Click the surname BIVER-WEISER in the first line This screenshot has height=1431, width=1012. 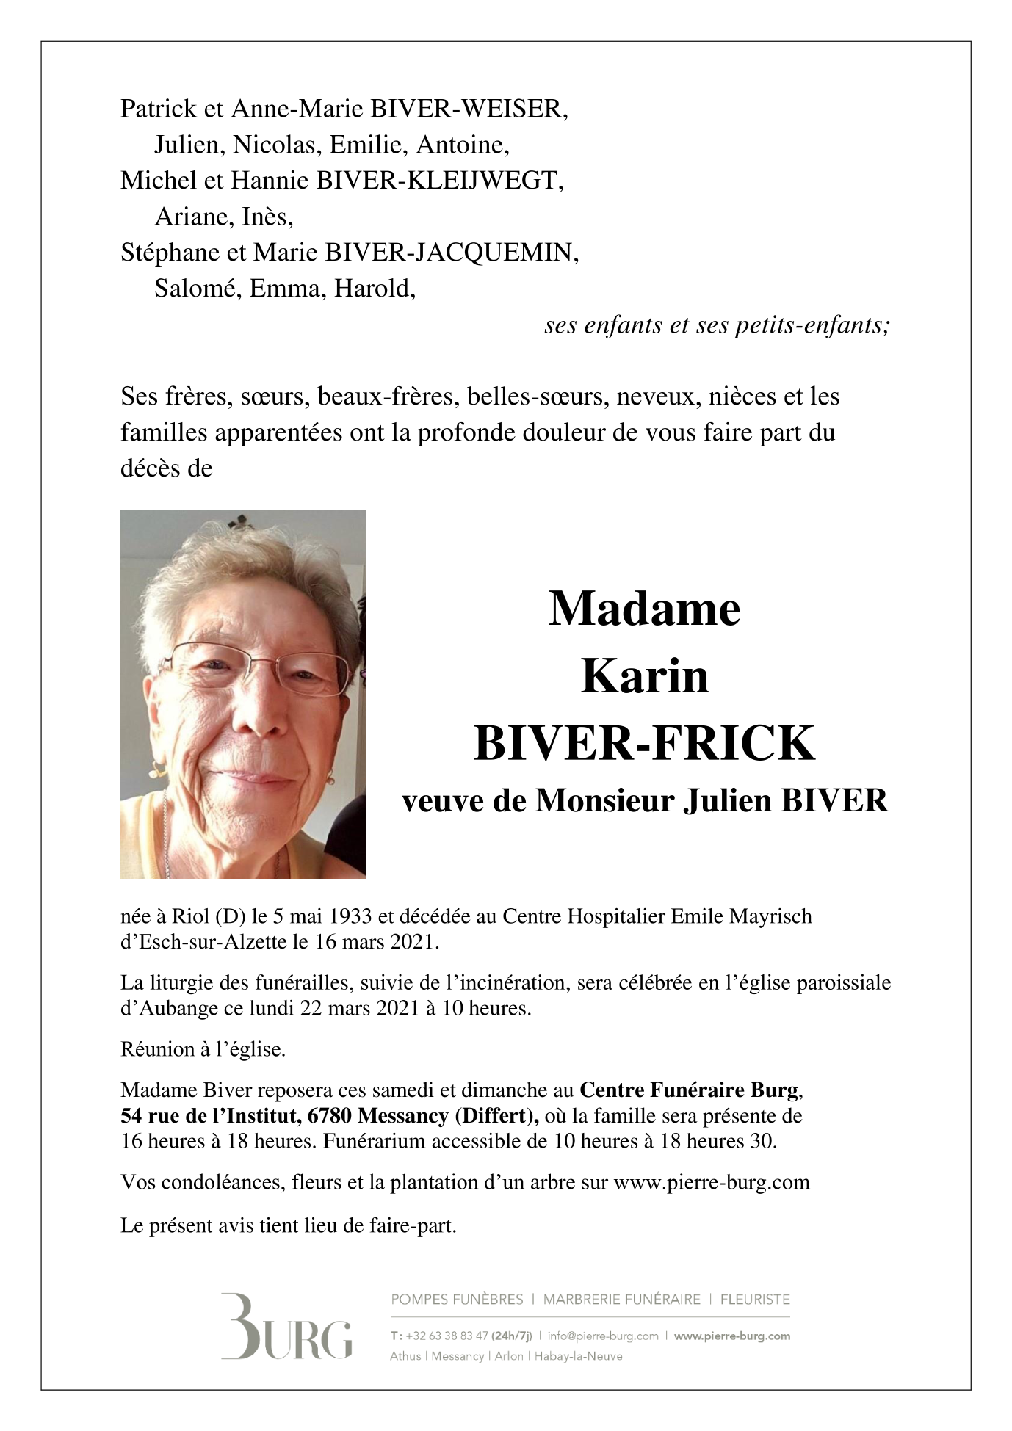[469, 109]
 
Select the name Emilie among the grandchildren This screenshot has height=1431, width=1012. [369, 145]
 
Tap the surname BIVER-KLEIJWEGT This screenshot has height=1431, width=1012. [439, 181]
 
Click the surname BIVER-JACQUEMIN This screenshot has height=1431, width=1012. [452, 253]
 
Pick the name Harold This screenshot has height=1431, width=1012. [375, 289]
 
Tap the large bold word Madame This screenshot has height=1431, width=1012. [644, 609]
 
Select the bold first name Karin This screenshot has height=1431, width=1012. [644, 676]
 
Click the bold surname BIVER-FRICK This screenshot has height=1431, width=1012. [644, 743]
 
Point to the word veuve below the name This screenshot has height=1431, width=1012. [443, 800]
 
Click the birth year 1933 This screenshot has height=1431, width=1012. [350, 917]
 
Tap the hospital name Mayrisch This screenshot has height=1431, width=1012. [770, 917]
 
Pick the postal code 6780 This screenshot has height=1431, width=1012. [328, 1116]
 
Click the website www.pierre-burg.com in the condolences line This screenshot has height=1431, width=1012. [711, 1183]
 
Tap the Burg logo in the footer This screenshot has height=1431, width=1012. [286, 1327]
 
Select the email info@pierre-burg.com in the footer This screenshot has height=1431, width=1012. [603, 1336]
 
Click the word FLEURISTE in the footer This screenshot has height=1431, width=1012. [755, 1300]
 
